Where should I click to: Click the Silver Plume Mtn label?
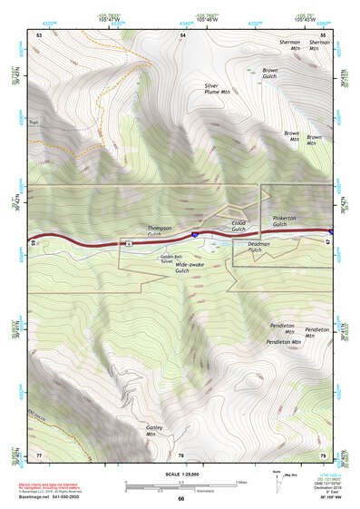[217, 88]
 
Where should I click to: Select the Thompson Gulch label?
[161, 230]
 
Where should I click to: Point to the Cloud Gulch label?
[238, 226]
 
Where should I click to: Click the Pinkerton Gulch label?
[290, 222]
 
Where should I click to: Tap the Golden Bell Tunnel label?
[147, 258]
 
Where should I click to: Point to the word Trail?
[34, 122]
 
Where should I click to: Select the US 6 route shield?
[130, 243]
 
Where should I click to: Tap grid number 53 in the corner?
[39, 34]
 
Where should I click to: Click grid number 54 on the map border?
[182, 34]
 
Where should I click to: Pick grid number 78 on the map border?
[180, 455]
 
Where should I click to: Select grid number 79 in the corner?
[322, 455]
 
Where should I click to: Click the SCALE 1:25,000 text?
[180, 473]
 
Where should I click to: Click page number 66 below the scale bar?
[180, 498]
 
